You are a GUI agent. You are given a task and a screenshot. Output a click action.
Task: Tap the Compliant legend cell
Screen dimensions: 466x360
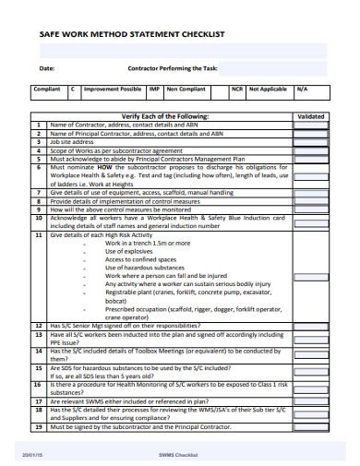tap(47, 90)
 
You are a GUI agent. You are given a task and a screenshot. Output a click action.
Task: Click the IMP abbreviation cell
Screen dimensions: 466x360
tap(155, 90)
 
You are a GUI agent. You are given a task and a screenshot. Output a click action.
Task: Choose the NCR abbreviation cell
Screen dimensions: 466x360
tap(237, 90)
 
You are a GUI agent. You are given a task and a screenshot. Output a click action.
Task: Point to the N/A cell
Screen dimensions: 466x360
tap(301, 90)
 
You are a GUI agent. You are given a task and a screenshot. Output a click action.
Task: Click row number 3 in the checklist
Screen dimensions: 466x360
tap(39, 141)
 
